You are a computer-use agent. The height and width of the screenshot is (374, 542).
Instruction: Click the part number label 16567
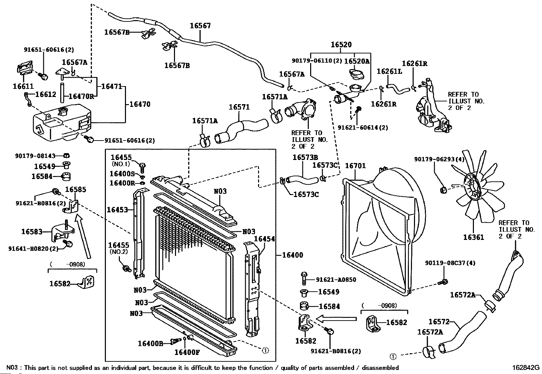coord(200,26)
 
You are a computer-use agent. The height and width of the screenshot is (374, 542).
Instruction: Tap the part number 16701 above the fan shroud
coord(355,166)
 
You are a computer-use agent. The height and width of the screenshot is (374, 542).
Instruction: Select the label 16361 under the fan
coord(473,237)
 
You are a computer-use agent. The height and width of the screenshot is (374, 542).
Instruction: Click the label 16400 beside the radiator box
coord(292,255)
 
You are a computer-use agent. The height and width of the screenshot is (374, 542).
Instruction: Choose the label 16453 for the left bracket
coord(117,210)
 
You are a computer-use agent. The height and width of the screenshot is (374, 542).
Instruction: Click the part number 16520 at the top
coord(341,45)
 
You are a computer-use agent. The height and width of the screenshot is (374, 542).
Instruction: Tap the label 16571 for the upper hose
coord(239,107)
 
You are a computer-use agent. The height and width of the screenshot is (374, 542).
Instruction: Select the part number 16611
coord(23,86)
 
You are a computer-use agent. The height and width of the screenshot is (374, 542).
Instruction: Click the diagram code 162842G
coord(526,368)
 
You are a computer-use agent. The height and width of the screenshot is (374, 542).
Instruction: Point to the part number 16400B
coord(150,343)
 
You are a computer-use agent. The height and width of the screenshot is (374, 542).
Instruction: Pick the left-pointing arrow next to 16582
coord(336,319)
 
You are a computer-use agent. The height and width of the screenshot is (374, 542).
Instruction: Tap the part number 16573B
coord(305,157)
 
